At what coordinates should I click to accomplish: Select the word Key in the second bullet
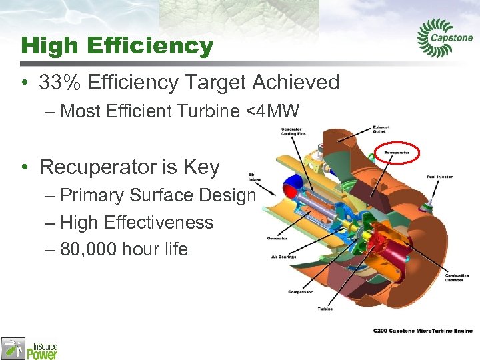click(x=203, y=167)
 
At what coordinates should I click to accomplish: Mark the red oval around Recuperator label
click(x=397, y=153)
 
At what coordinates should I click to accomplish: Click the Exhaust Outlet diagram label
click(x=381, y=129)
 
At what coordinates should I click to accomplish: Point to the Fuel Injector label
click(x=439, y=177)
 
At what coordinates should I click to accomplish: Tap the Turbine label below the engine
click(x=325, y=309)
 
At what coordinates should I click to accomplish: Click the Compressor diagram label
click(x=301, y=292)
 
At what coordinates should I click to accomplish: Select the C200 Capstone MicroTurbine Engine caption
click(x=422, y=331)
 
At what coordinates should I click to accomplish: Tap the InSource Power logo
click(x=30, y=348)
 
